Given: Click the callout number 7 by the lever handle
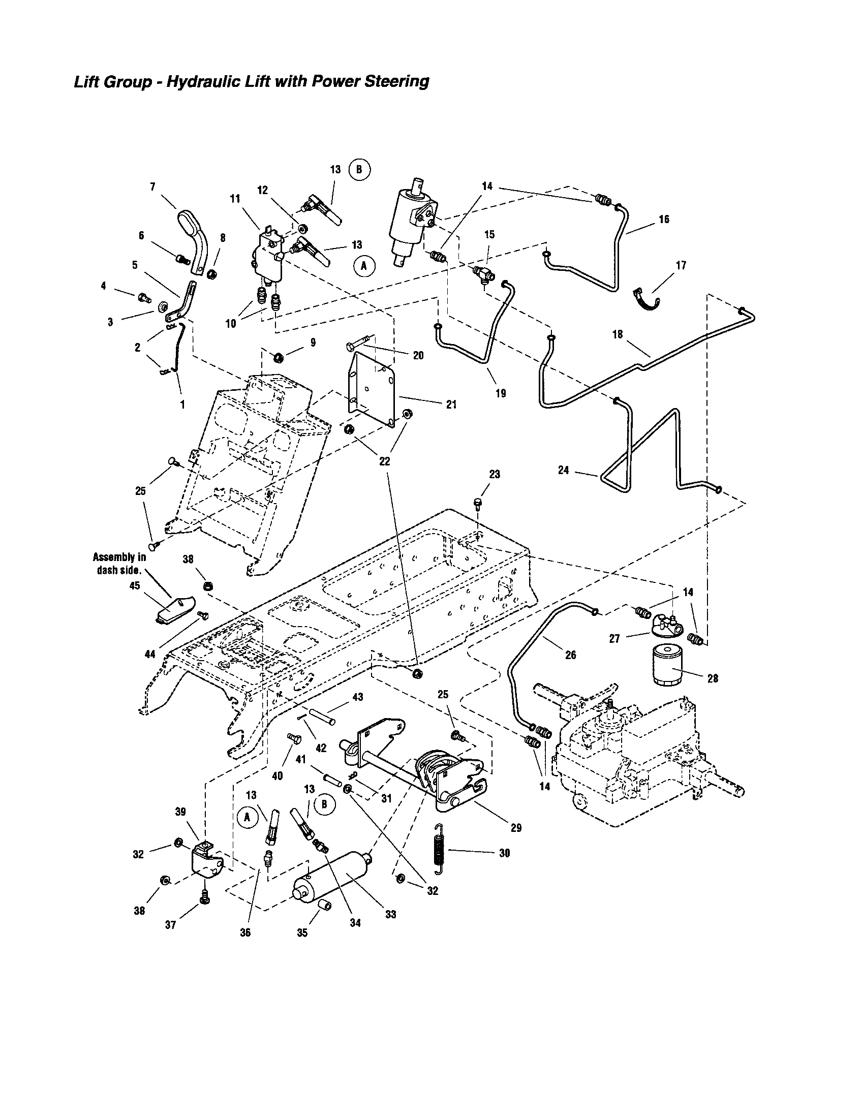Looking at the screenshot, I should coord(152,187).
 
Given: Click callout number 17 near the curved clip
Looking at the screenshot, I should coord(681,265).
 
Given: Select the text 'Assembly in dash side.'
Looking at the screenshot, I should coord(119,563).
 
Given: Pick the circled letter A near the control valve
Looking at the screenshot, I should coord(364,266).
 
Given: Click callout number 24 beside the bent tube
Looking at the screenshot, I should coord(563,470).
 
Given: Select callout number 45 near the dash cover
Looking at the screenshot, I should coord(135,585).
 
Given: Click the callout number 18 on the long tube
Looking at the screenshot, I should coord(618,334).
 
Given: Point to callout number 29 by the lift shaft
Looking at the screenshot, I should coord(516,827).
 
